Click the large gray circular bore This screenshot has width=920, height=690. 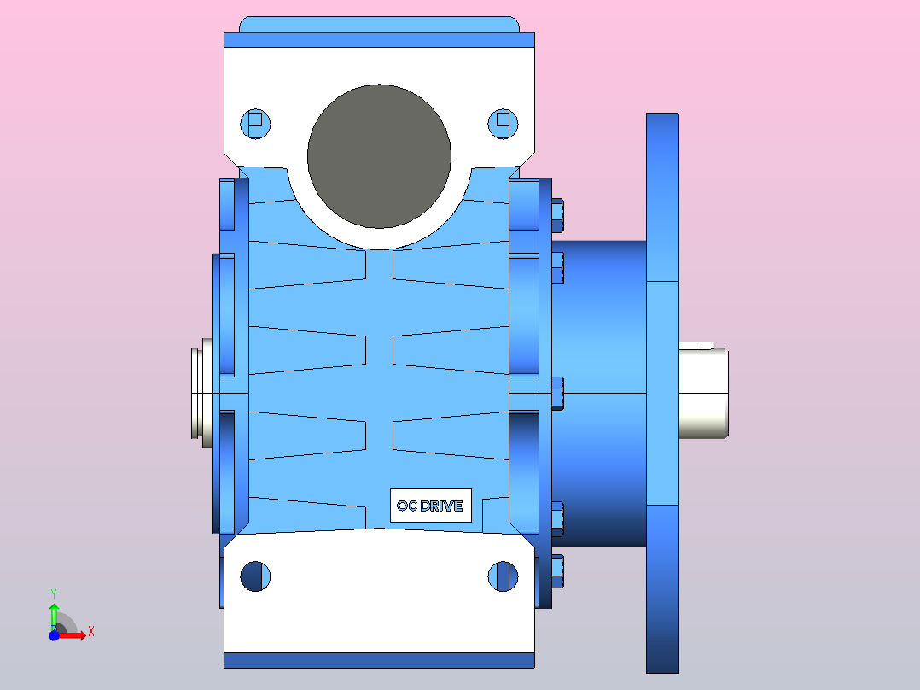(x=379, y=155)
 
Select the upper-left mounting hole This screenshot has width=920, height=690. (x=255, y=124)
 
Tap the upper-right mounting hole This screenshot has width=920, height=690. (x=503, y=124)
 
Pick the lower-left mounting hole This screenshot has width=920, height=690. (x=255, y=576)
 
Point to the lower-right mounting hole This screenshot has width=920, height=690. (x=503, y=576)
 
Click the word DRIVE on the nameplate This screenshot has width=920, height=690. (x=441, y=506)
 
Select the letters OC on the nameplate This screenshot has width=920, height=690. (x=406, y=506)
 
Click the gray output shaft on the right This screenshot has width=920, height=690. (x=704, y=394)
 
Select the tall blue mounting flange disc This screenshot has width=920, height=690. (x=662, y=393)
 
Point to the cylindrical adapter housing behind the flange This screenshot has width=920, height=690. (x=602, y=393)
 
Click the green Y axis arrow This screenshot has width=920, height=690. (x=53, y=611)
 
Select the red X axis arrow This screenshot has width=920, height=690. (x=75, y=634)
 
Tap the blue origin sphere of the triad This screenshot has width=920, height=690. (x=54, y=634)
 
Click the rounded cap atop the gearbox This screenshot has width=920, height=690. (x=379, y=24)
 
